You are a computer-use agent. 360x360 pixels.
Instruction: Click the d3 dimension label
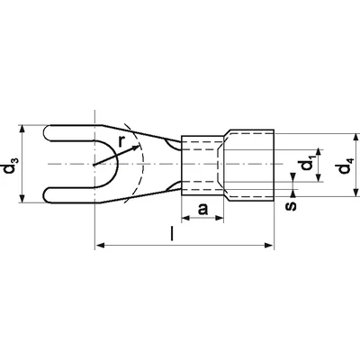pyautogui.click(x=11, y=164)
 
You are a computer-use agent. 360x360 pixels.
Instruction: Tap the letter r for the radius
pyautogui.click(x=121, y=141)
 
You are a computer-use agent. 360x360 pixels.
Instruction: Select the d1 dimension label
pyautogui.click(x=307, y=166)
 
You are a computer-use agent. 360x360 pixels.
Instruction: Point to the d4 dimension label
pyautogui.click(x=344, y=166)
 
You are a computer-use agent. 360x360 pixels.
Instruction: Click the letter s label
pyautogui.click(x=291, y=206)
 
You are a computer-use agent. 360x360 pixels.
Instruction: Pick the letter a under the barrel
pyautogui.click(x=202, y=209)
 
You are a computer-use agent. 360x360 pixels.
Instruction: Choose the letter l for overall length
pyautogui.click(x=172, y=234)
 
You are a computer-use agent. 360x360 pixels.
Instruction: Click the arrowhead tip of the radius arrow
pyautogui.click(x=139, y=146)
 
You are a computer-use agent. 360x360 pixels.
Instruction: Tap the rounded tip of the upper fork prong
pyautogui.click(x=44, y=132)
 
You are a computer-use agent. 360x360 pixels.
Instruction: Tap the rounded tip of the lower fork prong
pyautogui.click(x=44, y=195)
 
